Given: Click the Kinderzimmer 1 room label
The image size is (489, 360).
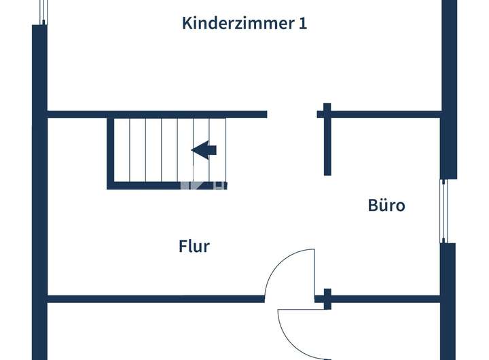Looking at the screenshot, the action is click(244, 23).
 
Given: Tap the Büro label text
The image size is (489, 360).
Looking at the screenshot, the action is click(386, 205).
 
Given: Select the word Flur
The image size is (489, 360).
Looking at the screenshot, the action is click(194, 246).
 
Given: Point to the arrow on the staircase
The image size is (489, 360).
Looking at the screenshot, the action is click(204, 150).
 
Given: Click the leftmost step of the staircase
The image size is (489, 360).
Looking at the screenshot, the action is click(121, 150).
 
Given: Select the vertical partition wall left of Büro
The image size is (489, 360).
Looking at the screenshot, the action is click(327, 143).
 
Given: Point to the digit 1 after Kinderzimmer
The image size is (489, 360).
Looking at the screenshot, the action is click(302, 23).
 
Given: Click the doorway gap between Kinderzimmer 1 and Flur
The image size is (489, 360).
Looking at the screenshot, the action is click(291, 114).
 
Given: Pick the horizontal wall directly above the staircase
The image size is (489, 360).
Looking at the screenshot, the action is click(156, 114).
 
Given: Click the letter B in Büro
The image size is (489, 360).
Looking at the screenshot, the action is click(373, 205).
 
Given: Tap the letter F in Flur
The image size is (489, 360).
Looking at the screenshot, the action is click(183, 246).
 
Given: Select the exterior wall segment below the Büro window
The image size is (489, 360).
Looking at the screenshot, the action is click(448, 285).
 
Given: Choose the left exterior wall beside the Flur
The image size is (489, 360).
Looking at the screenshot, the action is click(39, 204).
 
